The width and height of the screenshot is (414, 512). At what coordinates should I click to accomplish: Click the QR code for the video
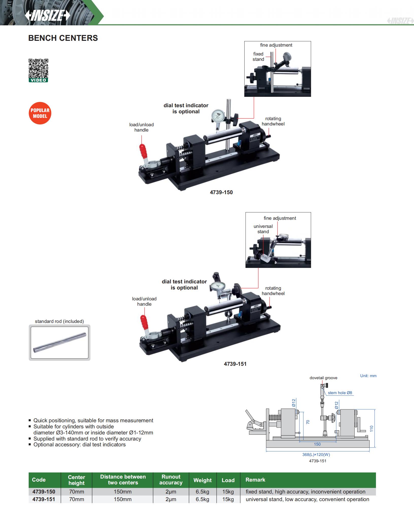(x=38, y=69)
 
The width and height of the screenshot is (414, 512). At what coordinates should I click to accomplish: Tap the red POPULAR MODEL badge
(x=40, y=113)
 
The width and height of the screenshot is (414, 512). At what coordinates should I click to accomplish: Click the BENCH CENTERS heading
(x=63, y=38)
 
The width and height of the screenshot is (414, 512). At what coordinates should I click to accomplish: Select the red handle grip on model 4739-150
(x=144, y=151)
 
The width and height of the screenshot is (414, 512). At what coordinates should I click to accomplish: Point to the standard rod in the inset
(x=59, y=342)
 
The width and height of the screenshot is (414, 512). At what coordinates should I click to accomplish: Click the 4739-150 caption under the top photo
(x=221, y=192)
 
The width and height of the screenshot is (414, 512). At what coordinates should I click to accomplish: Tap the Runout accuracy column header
(x=171, y=480)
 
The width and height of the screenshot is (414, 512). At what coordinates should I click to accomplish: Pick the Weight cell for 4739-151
(x=202, y=499)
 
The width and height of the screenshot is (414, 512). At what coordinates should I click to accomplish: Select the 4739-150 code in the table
(x=44, y=492)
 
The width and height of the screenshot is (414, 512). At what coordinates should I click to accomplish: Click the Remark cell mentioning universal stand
(x=307, y=499)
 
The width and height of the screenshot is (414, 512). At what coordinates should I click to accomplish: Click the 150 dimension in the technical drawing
(x=317, y=444)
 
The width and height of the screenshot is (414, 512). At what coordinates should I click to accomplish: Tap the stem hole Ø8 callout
(x=340, y=393)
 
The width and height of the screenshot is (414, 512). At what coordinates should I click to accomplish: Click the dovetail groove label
(x=323, y=378)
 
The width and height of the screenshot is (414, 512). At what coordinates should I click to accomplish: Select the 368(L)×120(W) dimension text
(x=316, y=454)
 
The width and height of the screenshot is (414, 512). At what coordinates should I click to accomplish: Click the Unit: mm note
(x=368, y=376)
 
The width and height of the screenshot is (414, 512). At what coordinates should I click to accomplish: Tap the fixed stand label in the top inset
(x=258, y=57)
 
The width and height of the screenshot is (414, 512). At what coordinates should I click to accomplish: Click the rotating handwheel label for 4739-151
(x=273, y=291)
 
